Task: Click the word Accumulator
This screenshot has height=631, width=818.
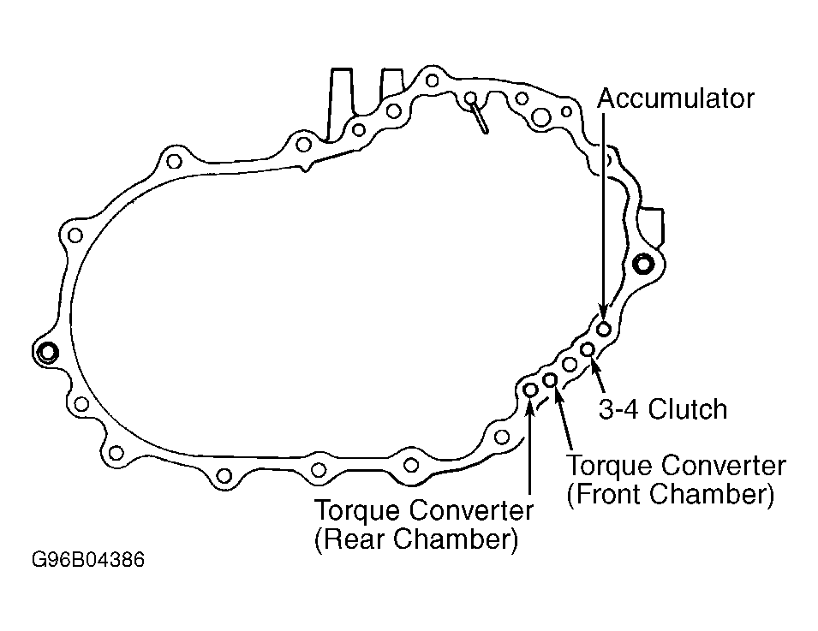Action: point(676,98)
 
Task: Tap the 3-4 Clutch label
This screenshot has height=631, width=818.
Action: point(663,409)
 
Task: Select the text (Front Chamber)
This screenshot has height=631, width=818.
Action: point(671,494)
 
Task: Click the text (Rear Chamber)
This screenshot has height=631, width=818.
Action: point(416,539)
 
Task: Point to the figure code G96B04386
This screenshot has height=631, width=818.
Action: point(88,560)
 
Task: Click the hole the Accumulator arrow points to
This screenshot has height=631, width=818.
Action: point(604,330)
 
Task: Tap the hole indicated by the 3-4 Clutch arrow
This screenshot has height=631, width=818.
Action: point(588,348)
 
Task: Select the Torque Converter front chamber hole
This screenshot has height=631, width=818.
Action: point(550,380)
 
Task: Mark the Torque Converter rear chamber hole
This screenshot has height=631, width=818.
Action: point(530,390)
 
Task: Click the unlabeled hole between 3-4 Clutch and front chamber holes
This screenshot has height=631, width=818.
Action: point(569,364)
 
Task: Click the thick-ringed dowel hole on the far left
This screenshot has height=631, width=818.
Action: point(47,352)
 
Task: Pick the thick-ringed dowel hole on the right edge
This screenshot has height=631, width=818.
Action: point(643,265)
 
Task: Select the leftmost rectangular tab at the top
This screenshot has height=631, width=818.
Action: point(339,104)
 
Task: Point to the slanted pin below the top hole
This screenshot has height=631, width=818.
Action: point(479,117)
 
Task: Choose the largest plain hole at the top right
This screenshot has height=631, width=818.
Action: point(540,116)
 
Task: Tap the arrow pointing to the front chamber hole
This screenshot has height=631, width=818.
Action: point(563,419)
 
